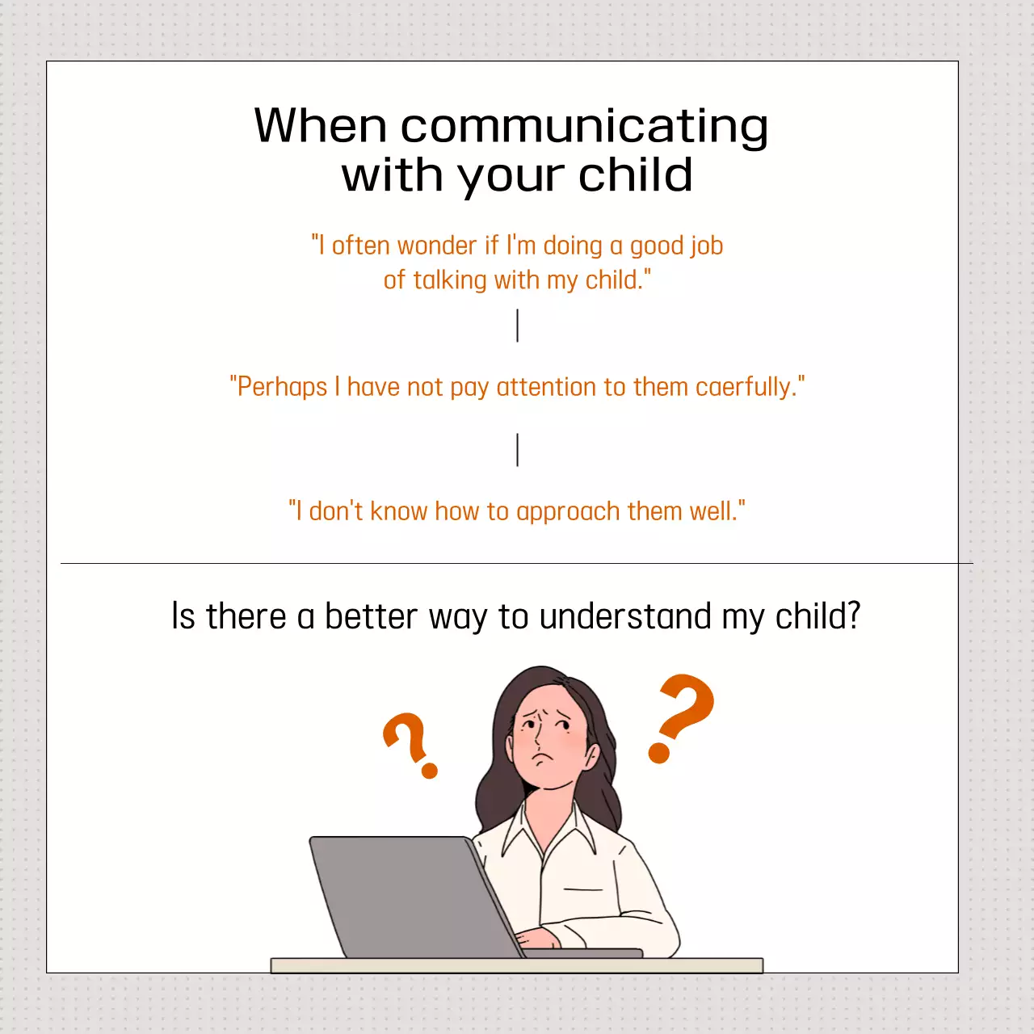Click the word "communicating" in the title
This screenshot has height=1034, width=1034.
(x=584, y=128)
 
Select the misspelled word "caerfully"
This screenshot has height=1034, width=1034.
(x=743, y=387)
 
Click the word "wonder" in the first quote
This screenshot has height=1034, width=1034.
(x=437, y=246)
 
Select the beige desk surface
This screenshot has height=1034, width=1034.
(x=517, y=965)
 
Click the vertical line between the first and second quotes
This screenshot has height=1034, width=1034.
(x=517, y=326)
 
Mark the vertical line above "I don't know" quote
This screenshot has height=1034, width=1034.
(x=517, y=450)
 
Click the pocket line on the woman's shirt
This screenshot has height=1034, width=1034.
(x=583, y=889)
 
